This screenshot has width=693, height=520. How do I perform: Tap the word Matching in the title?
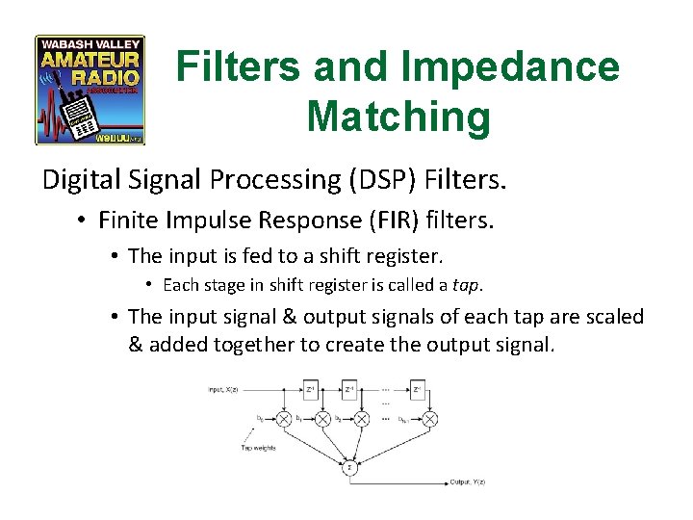(x=398, y=117)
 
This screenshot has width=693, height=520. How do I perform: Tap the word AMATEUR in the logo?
(x=90, y=60)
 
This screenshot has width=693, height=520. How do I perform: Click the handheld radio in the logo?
(x=81, y=114)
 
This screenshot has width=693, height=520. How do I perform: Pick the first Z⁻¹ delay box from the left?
(x=311, y=390)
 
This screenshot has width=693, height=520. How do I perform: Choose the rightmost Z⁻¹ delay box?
(x=417, y=390)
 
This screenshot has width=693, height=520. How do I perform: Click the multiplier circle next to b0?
(x=284, y=419)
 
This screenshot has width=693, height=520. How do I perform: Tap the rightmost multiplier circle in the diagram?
(x=429, y=419)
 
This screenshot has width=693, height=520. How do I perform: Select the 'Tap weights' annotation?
(x=258, y=449)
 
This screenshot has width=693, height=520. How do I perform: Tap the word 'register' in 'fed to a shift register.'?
(x=401, y=256)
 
